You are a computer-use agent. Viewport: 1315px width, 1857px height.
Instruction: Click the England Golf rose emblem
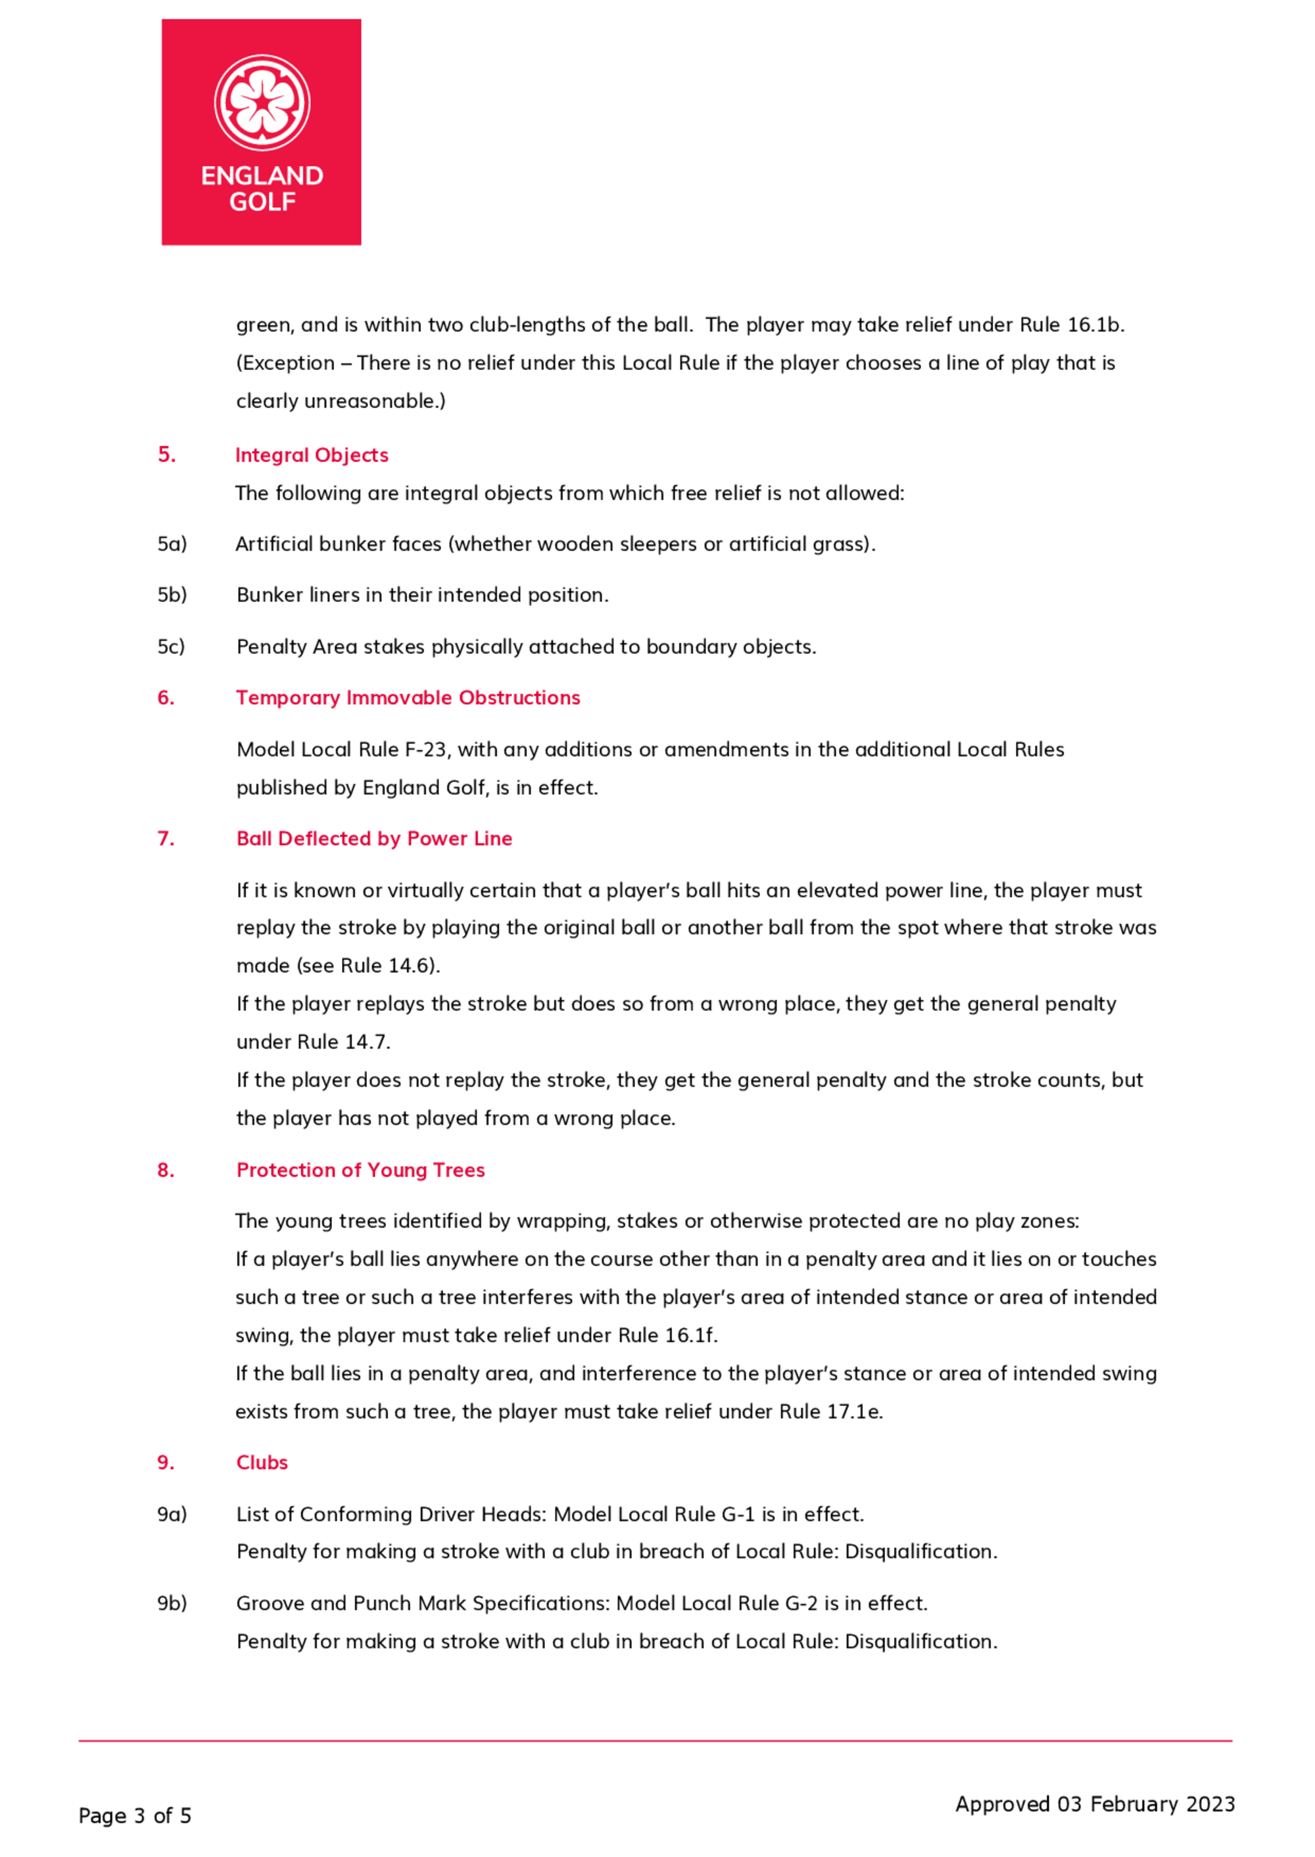[x=262, y=102]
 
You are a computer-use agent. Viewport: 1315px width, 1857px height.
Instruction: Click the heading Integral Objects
[x=312, y=455]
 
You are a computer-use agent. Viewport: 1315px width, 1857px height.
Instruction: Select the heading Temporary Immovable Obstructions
[x=408, y=698]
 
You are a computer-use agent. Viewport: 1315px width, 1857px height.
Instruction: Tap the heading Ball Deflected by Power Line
[x=374, y=839]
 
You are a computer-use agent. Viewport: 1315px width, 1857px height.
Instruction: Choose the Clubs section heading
[x=262, y=1462]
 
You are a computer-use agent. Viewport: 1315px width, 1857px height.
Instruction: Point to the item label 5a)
[x=172, y=544]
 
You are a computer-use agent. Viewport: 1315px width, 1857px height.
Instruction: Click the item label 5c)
[x=171, y=647]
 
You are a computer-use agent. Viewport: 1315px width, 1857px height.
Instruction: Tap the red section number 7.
[x=165, y=839]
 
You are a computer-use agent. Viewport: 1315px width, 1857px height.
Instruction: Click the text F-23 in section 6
[x=425, y=749]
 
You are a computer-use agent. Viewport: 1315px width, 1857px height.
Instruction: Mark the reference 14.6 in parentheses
[x=412, y=966]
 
